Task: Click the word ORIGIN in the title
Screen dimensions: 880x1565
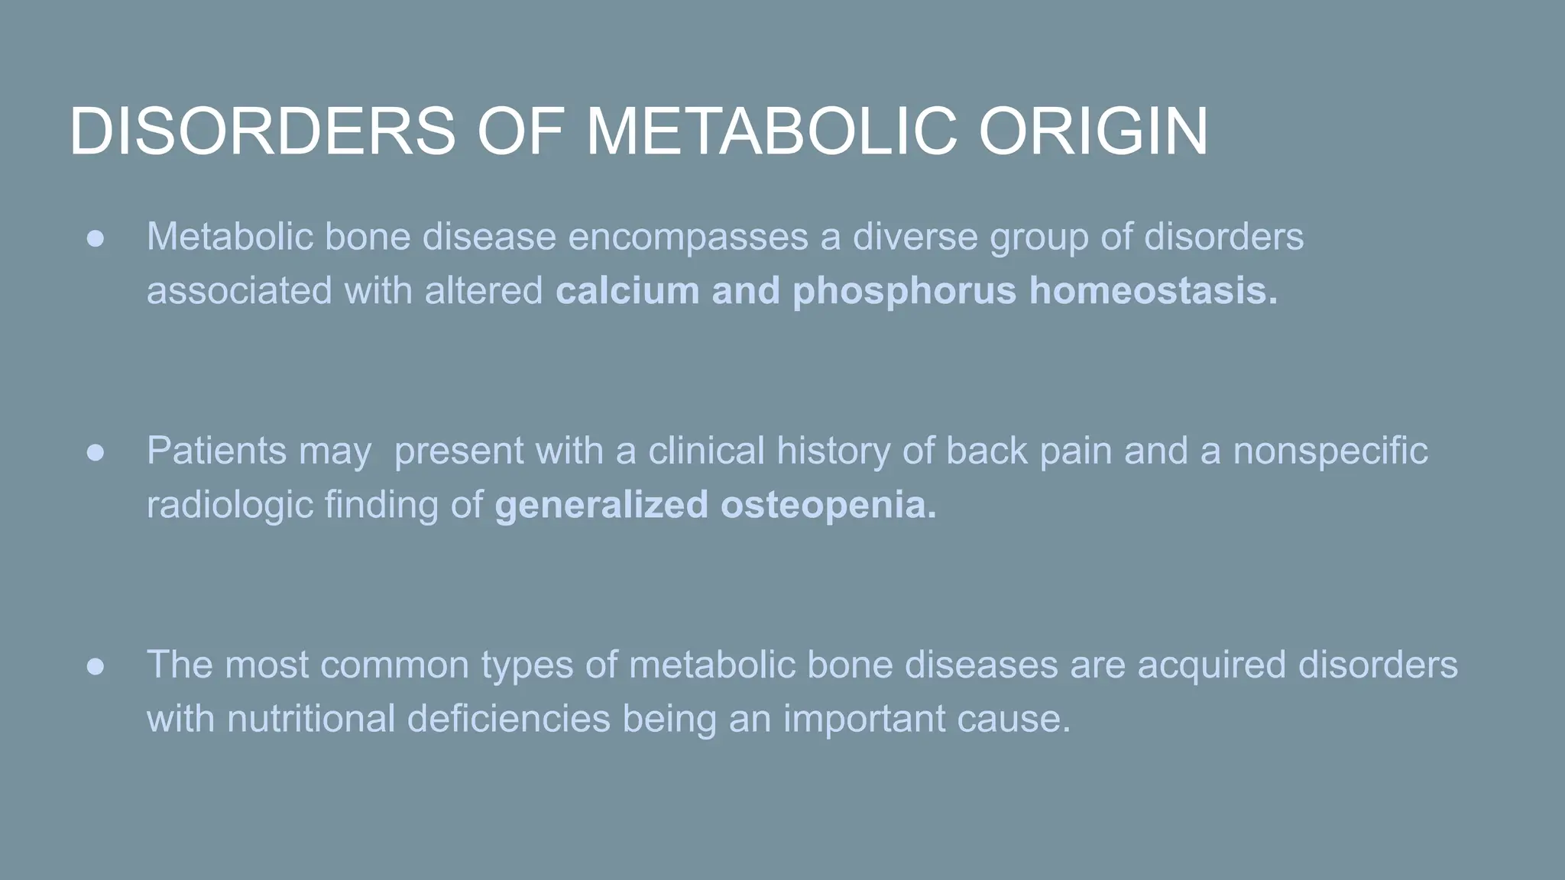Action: pos(1094,131)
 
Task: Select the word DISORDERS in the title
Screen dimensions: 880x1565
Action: pos(262,131)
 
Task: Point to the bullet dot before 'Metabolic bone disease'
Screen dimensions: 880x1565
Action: pos(96,238)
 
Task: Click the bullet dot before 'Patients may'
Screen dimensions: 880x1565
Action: pos(96,452)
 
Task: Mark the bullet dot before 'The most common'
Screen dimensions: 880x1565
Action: pos(96,666)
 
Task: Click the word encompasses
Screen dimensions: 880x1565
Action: pos(688,238)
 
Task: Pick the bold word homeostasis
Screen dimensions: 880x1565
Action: pos(1152,291)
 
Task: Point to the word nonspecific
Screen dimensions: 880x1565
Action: pos(1330,452)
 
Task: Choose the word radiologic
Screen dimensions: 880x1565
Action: pos(229,506)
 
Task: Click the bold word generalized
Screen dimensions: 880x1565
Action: pos(601,506)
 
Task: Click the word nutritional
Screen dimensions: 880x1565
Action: pos(310,719)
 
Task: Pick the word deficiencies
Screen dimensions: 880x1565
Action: pos(508,719)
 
